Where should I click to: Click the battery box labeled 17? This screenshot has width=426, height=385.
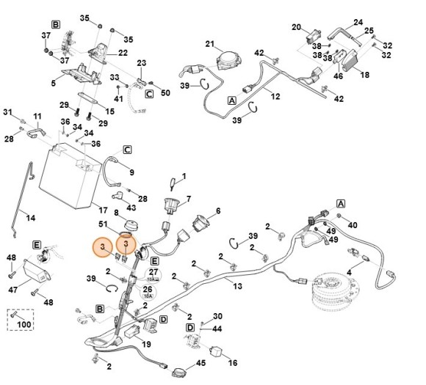point(70,175)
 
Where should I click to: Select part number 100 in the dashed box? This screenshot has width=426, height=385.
point(24,324)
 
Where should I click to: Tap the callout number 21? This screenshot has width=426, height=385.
point(210,44)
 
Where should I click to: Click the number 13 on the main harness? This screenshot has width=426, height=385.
point(237,286)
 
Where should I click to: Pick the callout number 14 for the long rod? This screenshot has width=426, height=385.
point(30,218)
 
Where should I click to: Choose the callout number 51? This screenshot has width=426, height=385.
point(103,224)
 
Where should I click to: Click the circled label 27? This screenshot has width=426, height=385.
point(154,272)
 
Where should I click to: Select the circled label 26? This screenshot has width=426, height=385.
point(148,289)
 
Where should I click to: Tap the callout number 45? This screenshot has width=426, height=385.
point(201,363)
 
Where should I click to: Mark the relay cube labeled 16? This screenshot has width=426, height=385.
point(216,351)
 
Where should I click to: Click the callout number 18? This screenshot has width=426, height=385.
point(364,75)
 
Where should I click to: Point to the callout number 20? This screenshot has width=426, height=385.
point(297,27)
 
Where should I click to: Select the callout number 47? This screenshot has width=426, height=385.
point(12,290)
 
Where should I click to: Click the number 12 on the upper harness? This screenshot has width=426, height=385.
point(275,96)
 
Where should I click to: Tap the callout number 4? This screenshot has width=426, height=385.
point(349,272)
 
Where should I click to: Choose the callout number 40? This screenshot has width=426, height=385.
point(353,225)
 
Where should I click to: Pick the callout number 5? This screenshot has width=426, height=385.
point(53,83)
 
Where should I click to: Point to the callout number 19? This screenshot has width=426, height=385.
point(146,345)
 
